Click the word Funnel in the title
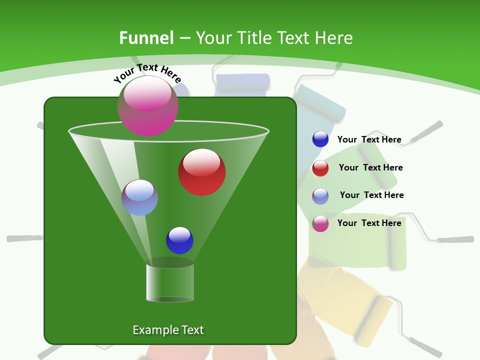[146, 38]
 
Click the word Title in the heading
[254, 38]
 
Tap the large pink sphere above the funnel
[148, 106]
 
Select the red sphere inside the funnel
[201, 172]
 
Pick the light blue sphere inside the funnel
[139, 197]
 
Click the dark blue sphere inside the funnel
[179, 240]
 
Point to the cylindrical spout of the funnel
[170, 282]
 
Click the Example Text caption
[168, 330]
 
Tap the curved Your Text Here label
[147, 73]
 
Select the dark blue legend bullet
[320, 139]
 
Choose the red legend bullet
[320, 168]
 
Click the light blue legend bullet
[320, 196]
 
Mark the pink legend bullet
[320, 223]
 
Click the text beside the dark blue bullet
[369, 140]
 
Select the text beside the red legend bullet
[370, 168]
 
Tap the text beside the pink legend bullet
[369, 223]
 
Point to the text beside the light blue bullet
[371, 195]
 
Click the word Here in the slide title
[334, 38]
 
